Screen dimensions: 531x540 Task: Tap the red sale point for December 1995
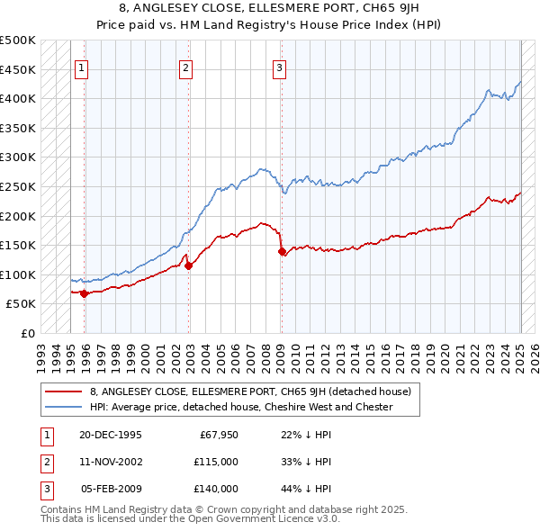pos(84,293)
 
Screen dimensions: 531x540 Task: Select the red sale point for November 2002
pos(189,265)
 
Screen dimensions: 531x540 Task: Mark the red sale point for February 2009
pos(282,251)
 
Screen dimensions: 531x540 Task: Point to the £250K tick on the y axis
pos(19,186)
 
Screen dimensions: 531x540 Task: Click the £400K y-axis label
pos(19,99)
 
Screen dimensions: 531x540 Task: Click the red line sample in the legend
pos(64,391)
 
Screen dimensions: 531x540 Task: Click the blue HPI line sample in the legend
pos(64,407)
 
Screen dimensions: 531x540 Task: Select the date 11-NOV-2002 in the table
pos(111,462)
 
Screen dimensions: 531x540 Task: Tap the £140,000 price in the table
pos(216,489)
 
